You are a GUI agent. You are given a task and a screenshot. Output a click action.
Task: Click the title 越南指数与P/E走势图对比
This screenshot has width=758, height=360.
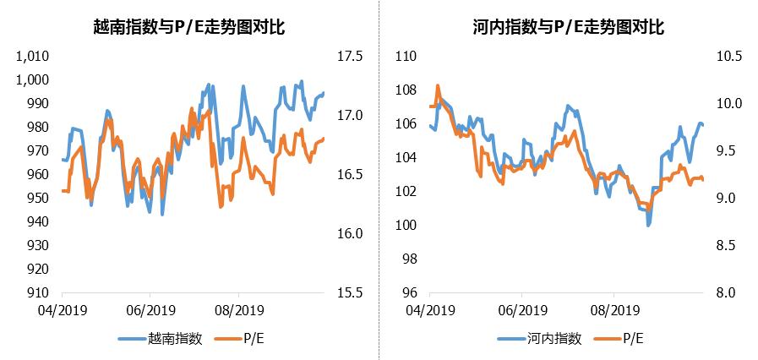pyautogui.click(x=188, y=27)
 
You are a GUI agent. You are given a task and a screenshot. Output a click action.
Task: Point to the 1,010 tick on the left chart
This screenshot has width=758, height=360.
pyautogui.click(x=35, y=57)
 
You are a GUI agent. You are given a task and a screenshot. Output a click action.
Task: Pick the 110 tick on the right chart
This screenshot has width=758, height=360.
pyautogui.click(x=407, y=57)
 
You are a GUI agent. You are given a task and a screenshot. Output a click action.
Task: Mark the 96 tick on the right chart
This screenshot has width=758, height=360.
pyautogui.click(x=411, y=293)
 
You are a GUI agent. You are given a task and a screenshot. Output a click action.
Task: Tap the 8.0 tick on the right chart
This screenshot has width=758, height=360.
pyautogui.click(x=725, y=293)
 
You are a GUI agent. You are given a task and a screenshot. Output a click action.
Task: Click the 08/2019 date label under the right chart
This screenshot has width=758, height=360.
pyautogui.click(x=612, y=310)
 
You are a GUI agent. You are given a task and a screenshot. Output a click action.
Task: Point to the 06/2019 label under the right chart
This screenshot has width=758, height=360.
pyautogui.click(x=521, y=310)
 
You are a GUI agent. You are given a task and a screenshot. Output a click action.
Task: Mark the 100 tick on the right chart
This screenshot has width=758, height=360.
pyautogui.click(x=407, y=226)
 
